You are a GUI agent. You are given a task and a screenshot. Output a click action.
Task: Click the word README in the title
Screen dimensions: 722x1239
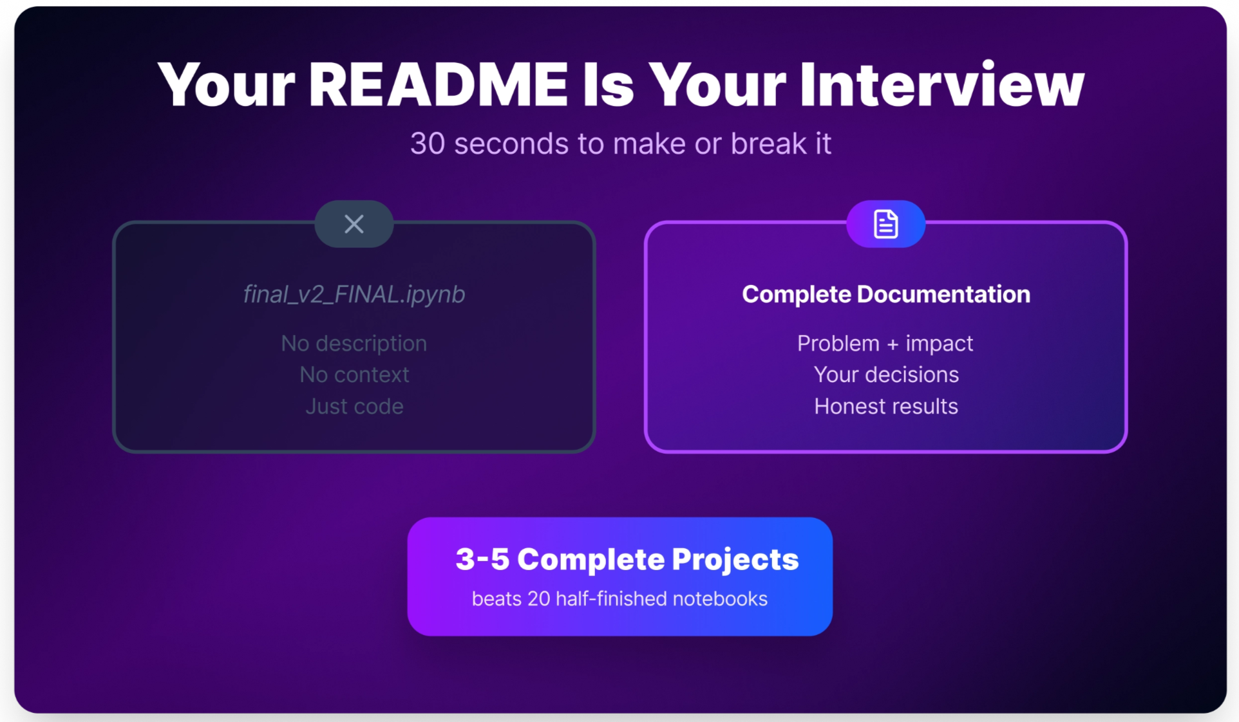pos(438,85)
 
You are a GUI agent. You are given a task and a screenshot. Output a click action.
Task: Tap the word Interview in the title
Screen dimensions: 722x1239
pos(941,85)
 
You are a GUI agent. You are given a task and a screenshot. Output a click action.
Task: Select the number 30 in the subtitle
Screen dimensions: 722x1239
pos(427,143)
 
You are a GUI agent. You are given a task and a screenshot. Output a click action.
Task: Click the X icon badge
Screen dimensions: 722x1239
pos(354,224)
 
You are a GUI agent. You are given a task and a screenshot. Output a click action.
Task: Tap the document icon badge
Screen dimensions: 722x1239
pos(885,224)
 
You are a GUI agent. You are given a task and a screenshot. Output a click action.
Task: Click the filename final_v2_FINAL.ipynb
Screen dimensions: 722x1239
pos(354,294)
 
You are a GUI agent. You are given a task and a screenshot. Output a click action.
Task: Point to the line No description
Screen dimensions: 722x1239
pos(354,344)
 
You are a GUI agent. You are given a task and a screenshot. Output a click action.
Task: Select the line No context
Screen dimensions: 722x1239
pos(354,375)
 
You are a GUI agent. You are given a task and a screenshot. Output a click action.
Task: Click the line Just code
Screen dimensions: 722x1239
pos(354,407)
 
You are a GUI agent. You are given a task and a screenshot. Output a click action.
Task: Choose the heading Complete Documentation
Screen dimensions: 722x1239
pos(885,294)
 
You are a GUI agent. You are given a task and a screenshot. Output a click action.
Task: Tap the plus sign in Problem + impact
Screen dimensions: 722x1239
pos(893,345)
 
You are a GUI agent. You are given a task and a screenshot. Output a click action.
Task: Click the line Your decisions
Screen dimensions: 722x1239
pos(885,375)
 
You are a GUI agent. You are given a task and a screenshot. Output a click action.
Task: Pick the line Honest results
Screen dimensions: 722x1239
pos(885,407)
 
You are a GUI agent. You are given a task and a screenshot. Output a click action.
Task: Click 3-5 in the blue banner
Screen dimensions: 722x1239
pos(482,559)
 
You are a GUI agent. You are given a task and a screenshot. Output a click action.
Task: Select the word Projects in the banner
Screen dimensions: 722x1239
pos(735,560)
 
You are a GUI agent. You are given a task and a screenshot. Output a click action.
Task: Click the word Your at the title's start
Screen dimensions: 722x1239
pos(226,85)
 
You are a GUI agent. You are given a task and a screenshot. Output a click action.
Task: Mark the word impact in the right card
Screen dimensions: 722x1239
pos(939,344)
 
